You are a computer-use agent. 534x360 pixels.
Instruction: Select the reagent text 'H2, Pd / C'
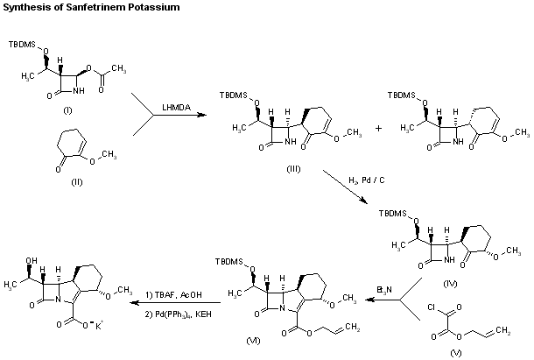pos(363,180)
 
